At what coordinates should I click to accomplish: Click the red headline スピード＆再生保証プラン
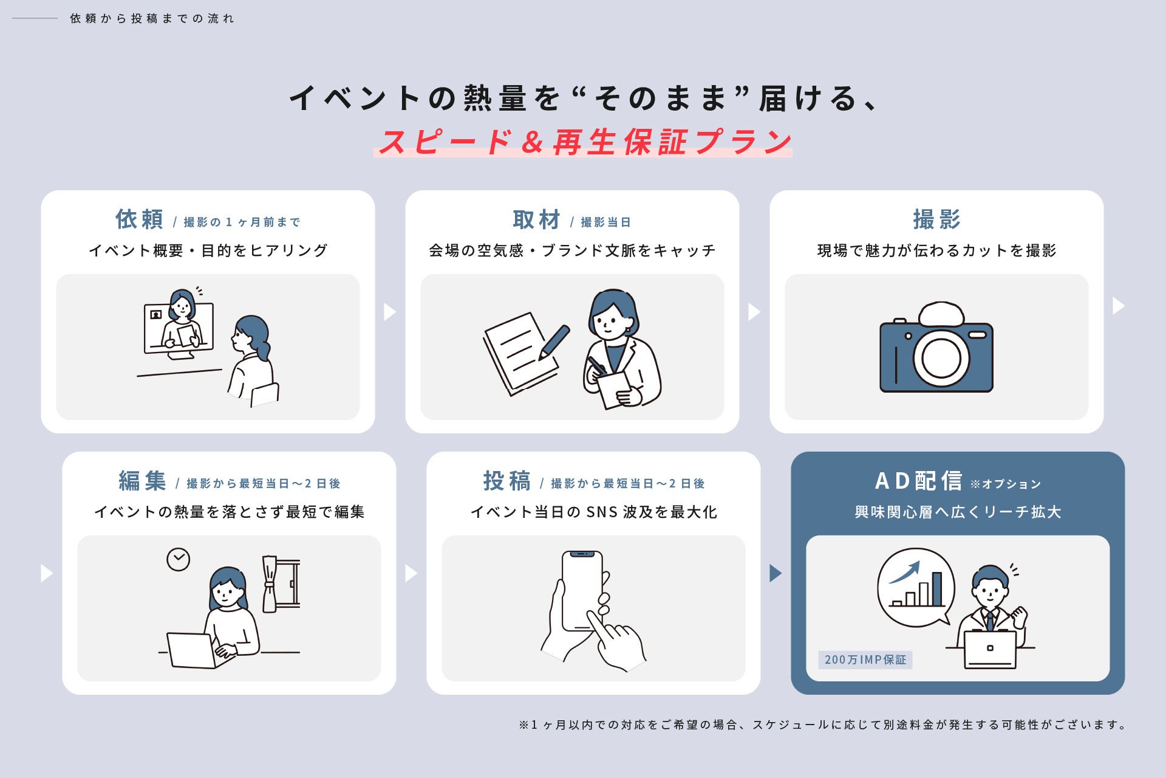point(585,142)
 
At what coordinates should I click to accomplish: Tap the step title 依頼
point(140,219)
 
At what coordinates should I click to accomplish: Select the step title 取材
point(536,219)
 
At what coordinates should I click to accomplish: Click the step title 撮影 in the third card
point(936,219)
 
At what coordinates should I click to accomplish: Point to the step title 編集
point(143,481)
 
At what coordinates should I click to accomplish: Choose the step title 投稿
point(507,481)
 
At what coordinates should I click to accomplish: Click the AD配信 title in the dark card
point(918,481)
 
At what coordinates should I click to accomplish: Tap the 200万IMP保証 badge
point(865,659)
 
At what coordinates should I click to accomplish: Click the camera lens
point(941,357)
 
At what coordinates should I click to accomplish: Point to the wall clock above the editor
point(178,559)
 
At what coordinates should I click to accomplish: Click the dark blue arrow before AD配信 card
point(776,573)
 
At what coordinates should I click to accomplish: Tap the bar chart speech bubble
point(916,588)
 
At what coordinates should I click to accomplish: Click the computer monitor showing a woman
point(179,328)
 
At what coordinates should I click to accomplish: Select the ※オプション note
point(1005,484)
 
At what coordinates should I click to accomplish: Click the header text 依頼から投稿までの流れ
point(152,18)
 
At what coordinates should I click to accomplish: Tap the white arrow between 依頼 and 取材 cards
point(390,312)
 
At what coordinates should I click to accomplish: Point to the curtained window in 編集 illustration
point(281,583)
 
